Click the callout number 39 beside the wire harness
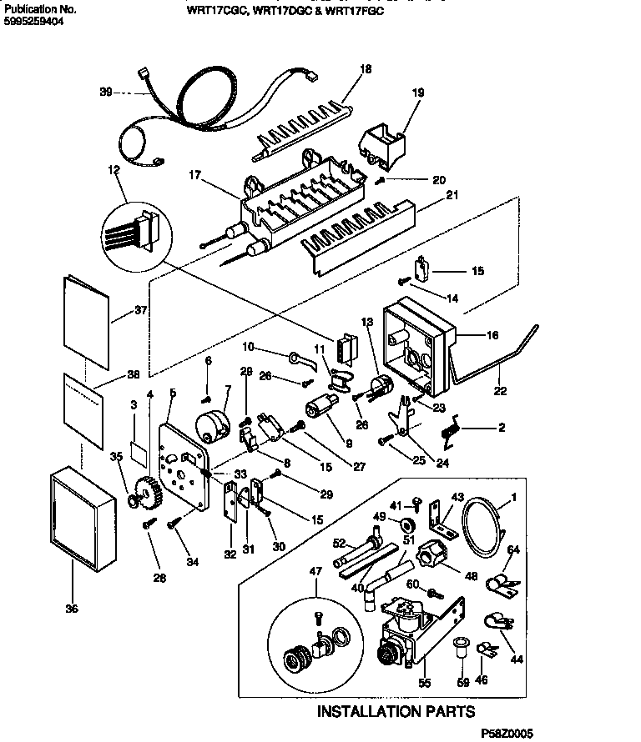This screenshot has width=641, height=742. coord(105,92)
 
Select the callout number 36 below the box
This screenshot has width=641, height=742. coord(72,609)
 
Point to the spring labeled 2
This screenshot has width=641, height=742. coord(452,432)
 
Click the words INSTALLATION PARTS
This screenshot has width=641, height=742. coord(396,711)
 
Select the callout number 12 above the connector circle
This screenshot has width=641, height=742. coord(115,170)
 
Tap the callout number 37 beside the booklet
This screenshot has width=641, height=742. coord(139,313)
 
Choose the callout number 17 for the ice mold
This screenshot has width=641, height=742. coord(195,176)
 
